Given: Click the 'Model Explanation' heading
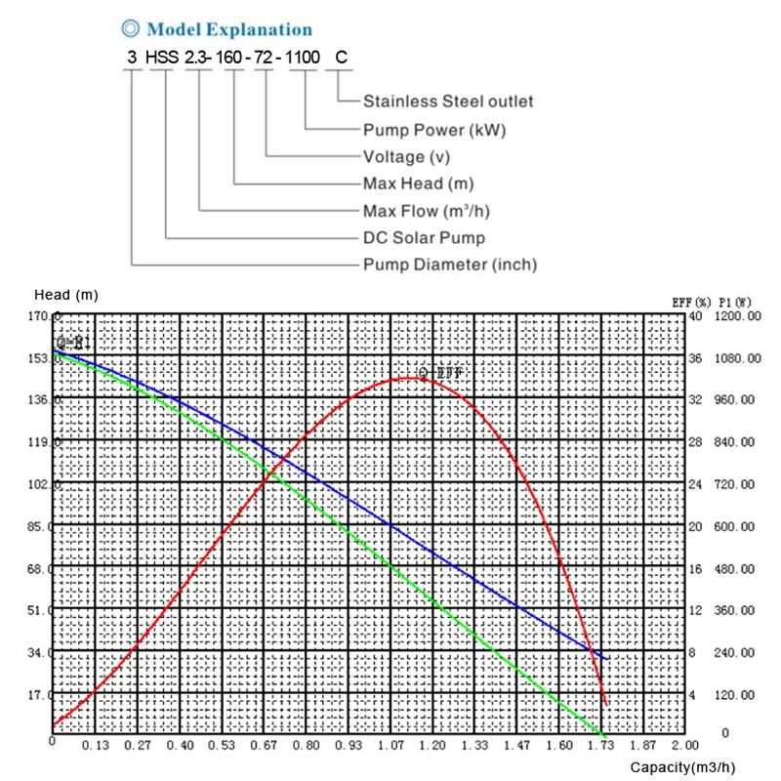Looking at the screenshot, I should (229, 30).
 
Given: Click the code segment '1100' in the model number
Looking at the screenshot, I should (305, 57).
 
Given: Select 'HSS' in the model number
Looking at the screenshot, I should (162, 57).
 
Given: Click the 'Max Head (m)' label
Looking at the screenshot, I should (417, 184).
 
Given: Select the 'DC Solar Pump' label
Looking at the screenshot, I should (424, 237).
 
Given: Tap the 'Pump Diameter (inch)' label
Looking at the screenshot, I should (450, 265).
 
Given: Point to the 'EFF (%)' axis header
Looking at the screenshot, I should (690, 302).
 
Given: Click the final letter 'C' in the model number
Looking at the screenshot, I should (341, 57).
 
